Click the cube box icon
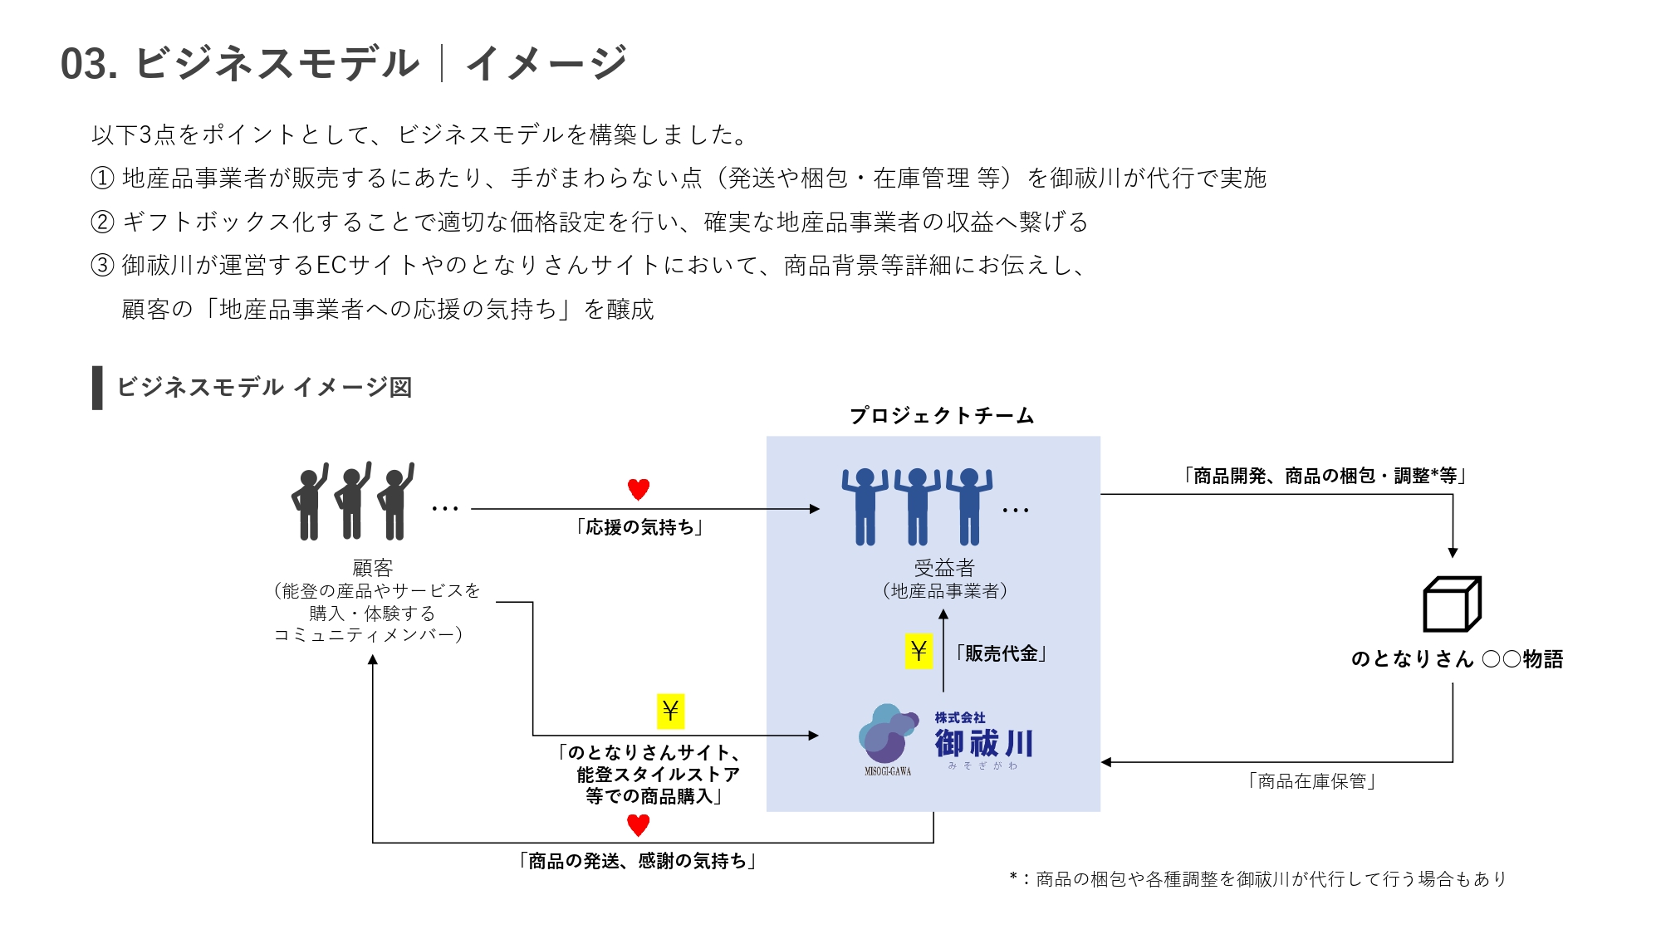point(1452,604)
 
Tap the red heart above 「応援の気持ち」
point(638,489)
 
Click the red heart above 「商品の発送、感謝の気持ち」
point(638,825)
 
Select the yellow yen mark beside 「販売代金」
point(919,651)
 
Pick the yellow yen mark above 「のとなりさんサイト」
point(670,711)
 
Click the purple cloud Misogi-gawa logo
point(887,736)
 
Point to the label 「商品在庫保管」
point(1312,781)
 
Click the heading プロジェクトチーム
point(942,415)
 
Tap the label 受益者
point(944,568)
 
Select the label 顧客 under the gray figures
point(372,568)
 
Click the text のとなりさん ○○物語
point(1457,659)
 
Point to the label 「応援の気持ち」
point(639,527)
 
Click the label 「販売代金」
point(1001,653)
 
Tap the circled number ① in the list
point(101,178)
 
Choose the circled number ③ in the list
point(101,265)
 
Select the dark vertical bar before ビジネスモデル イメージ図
point(97,388)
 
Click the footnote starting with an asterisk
point(1257,879)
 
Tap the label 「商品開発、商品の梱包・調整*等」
point(1325,476)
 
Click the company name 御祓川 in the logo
point(984,743)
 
